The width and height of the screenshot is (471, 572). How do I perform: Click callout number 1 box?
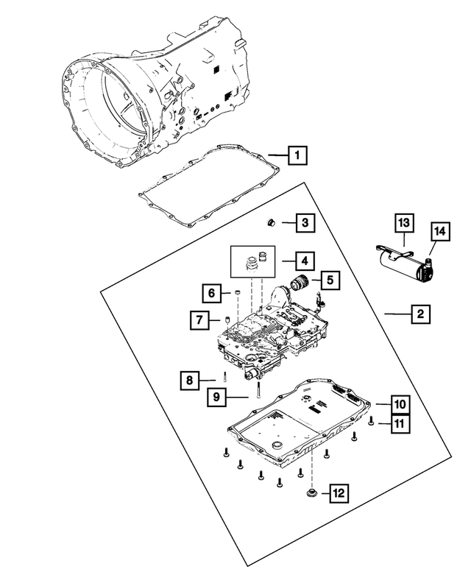point(297,155)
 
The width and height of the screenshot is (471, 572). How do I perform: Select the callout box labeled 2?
point(419,314)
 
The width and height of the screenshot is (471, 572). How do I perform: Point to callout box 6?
point(210,293)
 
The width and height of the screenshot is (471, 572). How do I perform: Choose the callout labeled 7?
point(199,320)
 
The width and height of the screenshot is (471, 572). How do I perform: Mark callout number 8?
point(189,380)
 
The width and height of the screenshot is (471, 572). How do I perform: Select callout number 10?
point(398,404)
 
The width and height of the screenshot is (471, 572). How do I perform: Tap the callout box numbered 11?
point(398,423)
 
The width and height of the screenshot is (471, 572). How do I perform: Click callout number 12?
point(339,492)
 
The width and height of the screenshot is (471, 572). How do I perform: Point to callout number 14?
point(439,232)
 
